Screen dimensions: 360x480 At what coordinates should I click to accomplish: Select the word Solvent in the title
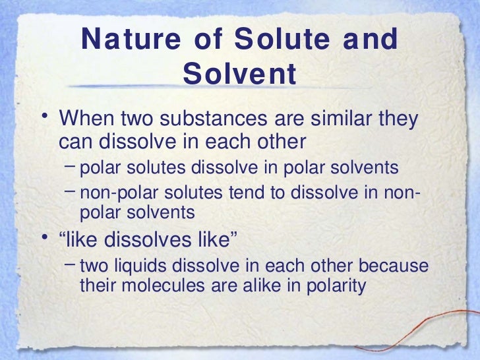240,75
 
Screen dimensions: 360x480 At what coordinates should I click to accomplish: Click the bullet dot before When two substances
44,119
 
